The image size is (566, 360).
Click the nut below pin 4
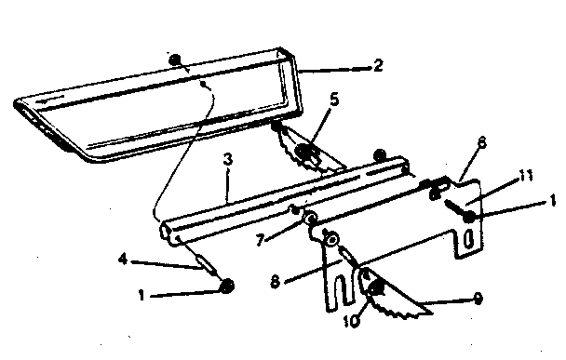pos(226,286)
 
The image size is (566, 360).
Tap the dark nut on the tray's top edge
pos(175,60)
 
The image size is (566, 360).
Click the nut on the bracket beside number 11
pos(470,218)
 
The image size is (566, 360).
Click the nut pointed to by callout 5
pos(303,149)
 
